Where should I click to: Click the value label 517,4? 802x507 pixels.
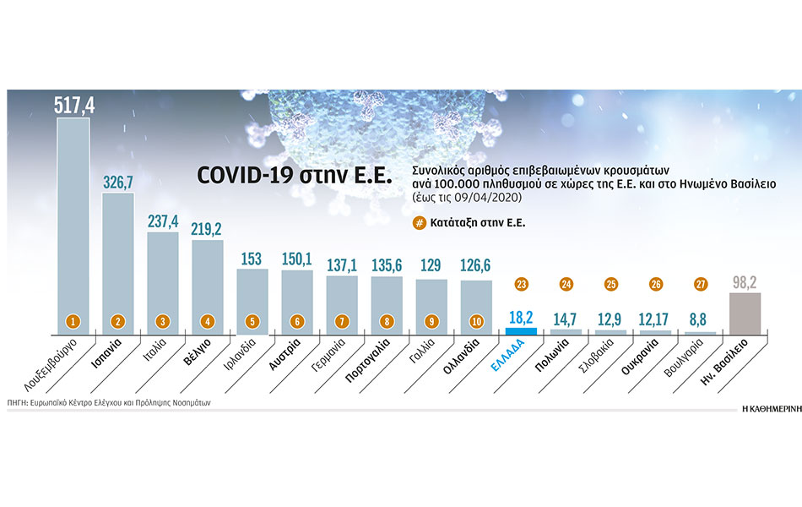click(73, 105)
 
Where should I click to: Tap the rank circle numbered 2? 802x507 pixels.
click(118, 321)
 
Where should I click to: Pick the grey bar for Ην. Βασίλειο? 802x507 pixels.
click(744, 313)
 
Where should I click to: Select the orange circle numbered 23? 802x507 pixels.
click(521, 285)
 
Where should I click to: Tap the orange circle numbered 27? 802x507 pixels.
click(700, 285)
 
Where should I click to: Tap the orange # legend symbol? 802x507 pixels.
click(418, 224)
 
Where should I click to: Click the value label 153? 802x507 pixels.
click(252, 259)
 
